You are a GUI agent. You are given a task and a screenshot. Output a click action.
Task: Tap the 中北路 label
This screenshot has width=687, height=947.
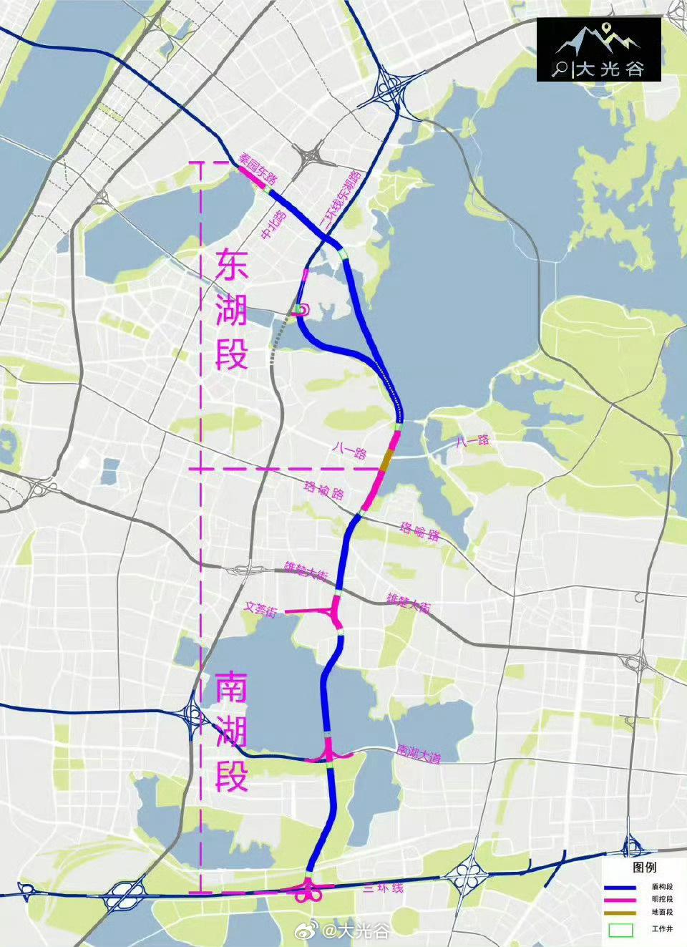275,225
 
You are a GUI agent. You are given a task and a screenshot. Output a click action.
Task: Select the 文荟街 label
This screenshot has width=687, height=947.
260,610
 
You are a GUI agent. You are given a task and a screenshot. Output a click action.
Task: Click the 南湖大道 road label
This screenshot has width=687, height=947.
419,752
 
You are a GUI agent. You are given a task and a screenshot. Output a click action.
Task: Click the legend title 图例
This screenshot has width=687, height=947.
644,867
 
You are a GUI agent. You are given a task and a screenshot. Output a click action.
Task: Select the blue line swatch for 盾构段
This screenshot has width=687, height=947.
624,886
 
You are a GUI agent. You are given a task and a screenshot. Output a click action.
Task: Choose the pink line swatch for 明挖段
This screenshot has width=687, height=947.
624,899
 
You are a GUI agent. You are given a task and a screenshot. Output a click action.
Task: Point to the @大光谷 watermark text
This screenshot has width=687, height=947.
356,931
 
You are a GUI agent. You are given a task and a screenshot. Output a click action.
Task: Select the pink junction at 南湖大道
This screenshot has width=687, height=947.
330,754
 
